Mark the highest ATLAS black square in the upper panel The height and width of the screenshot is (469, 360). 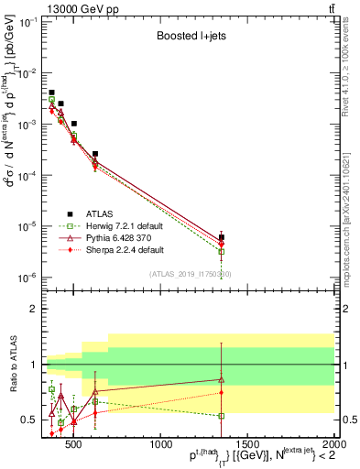coord(51,93)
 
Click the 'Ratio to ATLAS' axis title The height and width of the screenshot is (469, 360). coord(11,365)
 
